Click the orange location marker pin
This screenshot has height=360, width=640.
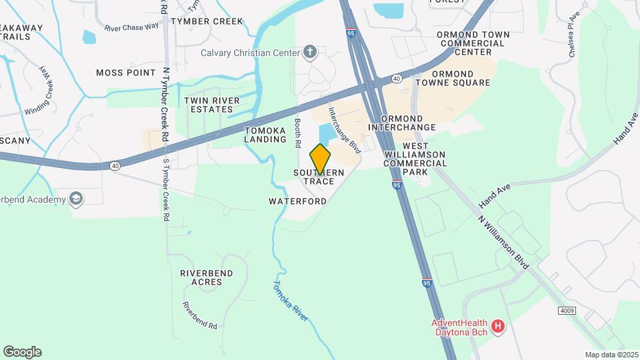pos(321,159)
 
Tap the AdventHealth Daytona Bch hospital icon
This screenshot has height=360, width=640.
pos(497,327)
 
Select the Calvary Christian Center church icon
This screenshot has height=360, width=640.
pos(310,52)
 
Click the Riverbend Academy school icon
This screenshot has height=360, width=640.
pos(77,199)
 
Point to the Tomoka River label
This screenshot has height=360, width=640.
pos(290,301)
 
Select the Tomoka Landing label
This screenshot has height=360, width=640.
pos(265,135)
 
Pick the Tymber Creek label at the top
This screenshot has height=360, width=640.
pos(198,21)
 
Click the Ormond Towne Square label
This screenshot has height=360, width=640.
pos(462,78)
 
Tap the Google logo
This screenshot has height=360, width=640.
pos(22,352)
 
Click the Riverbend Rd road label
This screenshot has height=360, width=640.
pos(200,316)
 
